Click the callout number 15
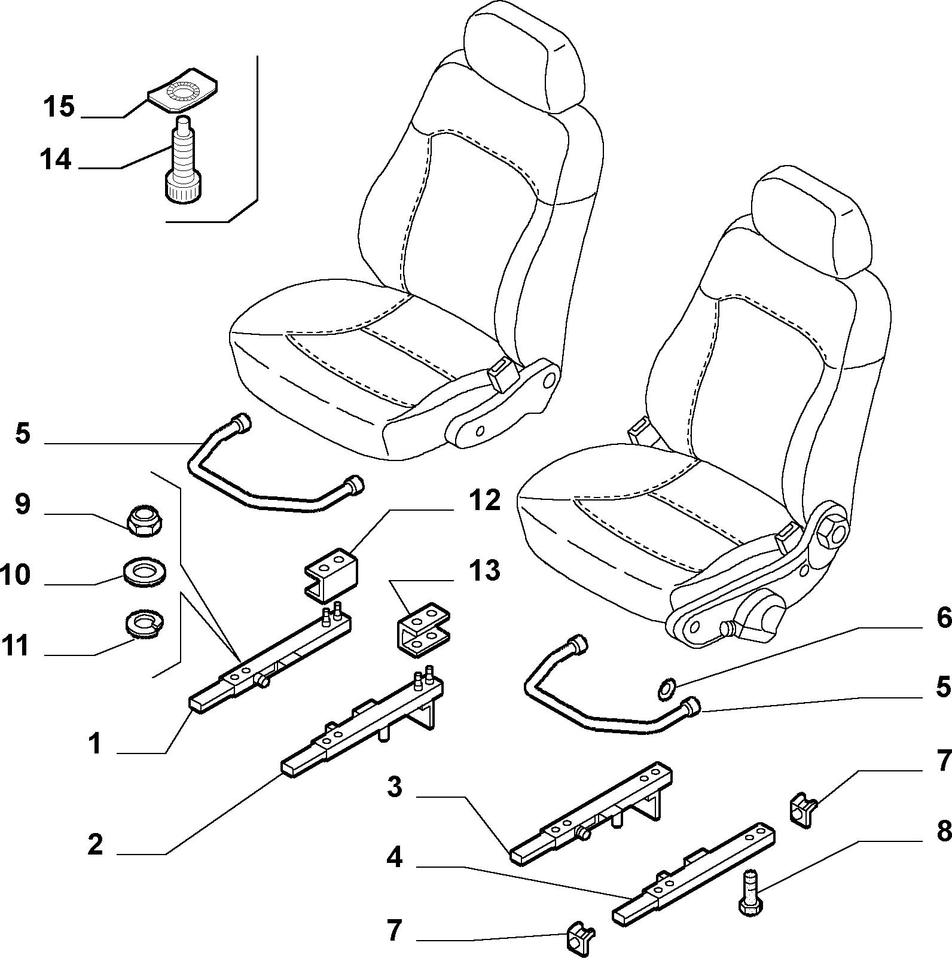[59, 107]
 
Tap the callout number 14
[56, 160]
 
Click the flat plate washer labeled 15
[182, 90]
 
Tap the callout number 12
[484, 500]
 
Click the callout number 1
[94, 745]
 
